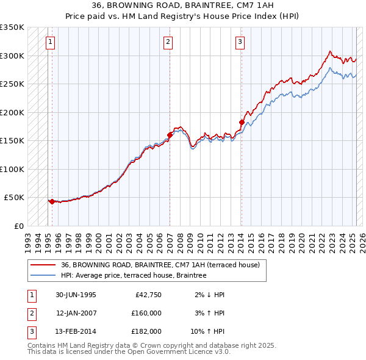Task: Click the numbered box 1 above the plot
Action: click(50, 42)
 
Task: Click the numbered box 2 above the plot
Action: click(168, 42)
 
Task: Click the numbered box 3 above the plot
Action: click(240, 42)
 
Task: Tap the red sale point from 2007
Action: click(170, 135)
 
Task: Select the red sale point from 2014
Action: click(242, 123)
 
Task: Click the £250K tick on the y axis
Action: click(12, 84)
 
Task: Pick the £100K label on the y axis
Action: click(12, 169)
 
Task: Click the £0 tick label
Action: click(18, 226)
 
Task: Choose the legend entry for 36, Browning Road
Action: click(160, 265)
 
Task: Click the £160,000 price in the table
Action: click(146, 313)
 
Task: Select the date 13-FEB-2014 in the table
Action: click(76, 331)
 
